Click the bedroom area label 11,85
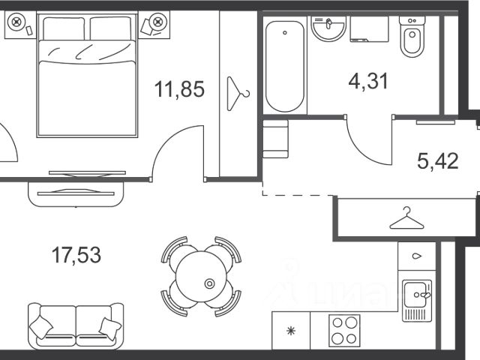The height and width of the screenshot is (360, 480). click(x=179, y=88)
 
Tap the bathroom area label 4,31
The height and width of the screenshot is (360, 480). click(x=368, y=81)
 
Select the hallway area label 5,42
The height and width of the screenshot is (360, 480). click(x=438, y=160)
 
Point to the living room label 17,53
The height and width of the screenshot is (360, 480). click(x=76, y=255)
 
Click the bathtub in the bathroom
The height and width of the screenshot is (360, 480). click(x=285, y=66)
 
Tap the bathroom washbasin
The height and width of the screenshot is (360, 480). click(x=328, y=28)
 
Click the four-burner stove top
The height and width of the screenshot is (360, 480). click(x=344, y=331)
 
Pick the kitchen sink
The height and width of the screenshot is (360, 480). click(x=417, y=301)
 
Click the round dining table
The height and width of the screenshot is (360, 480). click(x=201, y=277)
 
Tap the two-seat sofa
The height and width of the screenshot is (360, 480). click(x=76, y=326)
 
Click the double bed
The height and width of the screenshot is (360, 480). click(x=88, y=75)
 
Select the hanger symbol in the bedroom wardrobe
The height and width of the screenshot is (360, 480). click(x=238, y=94)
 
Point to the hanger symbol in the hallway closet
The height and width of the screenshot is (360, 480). click(x=406, y=218)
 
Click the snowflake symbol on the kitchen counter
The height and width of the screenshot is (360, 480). click(x=290, y=331)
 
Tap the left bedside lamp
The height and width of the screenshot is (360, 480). click(x=16, y=22)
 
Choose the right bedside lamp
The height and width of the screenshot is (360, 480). click(x=158, y=22)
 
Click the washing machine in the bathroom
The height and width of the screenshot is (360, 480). click(x=369, y=28)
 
